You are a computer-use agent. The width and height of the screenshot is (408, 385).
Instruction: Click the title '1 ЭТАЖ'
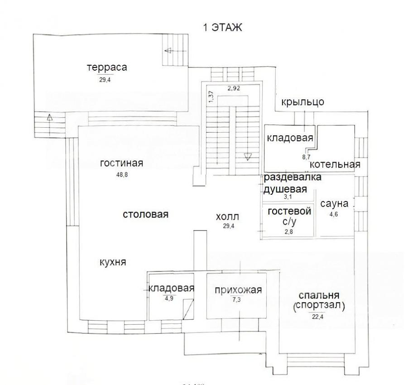pos(222,27)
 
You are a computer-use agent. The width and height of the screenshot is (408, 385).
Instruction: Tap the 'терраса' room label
pos(107,67)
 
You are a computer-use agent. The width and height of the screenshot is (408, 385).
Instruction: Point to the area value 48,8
pos(122,175)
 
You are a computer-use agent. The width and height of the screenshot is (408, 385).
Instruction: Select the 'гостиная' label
pos(121,163)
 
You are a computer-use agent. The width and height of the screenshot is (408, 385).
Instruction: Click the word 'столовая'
pos(145,215)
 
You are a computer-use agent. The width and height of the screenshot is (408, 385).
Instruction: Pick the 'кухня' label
pos(113,262)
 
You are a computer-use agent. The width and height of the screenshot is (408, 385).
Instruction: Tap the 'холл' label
pos(227,217)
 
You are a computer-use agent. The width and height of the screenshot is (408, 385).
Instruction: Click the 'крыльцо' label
pos(303,102)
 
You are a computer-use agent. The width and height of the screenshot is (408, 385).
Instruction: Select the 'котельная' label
pos(335,164)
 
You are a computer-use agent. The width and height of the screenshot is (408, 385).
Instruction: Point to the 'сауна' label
pos(334,203)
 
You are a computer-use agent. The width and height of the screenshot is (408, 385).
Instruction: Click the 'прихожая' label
pos(238,290)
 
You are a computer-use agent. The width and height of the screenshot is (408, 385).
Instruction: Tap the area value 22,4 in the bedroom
pos(318,317)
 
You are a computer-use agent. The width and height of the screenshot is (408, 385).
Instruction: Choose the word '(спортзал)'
pos(319,306)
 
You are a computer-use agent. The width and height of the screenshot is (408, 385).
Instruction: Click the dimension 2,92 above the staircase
pos(234,88)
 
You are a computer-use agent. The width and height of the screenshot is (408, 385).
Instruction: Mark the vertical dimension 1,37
pos(211,96)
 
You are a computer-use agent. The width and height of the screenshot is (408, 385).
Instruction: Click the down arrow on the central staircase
pos(248,157)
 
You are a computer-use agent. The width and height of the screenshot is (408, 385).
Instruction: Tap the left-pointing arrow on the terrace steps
pos(168,50)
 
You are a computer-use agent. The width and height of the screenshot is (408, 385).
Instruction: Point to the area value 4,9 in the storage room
pos(169,298)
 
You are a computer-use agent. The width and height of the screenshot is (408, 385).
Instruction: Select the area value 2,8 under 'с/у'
pos(289,231)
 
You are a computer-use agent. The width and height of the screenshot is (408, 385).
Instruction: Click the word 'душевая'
pos(285,189)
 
